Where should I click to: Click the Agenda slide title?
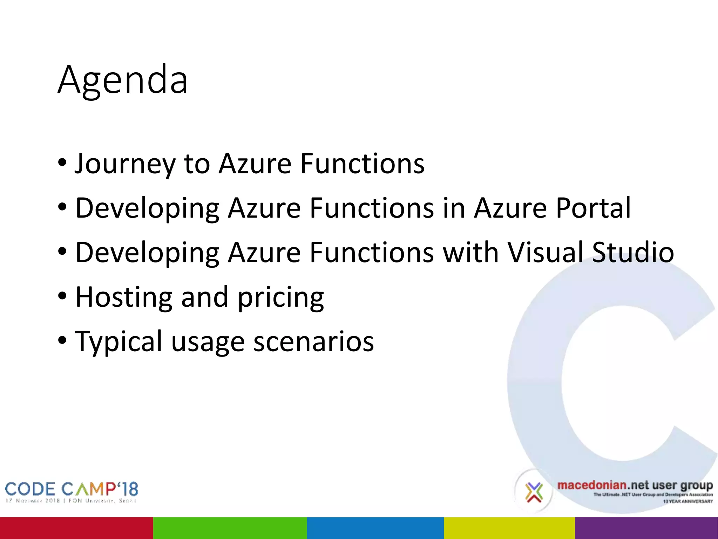[123, 80]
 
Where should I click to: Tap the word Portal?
[593, 208]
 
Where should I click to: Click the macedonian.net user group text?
[635, 486]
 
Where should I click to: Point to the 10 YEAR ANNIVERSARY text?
[687, 501]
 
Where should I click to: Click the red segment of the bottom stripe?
[76, 528]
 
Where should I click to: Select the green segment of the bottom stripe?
[230, 528]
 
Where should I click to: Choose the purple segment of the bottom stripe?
[646, 528]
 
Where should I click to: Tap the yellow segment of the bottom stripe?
[509, 528]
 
